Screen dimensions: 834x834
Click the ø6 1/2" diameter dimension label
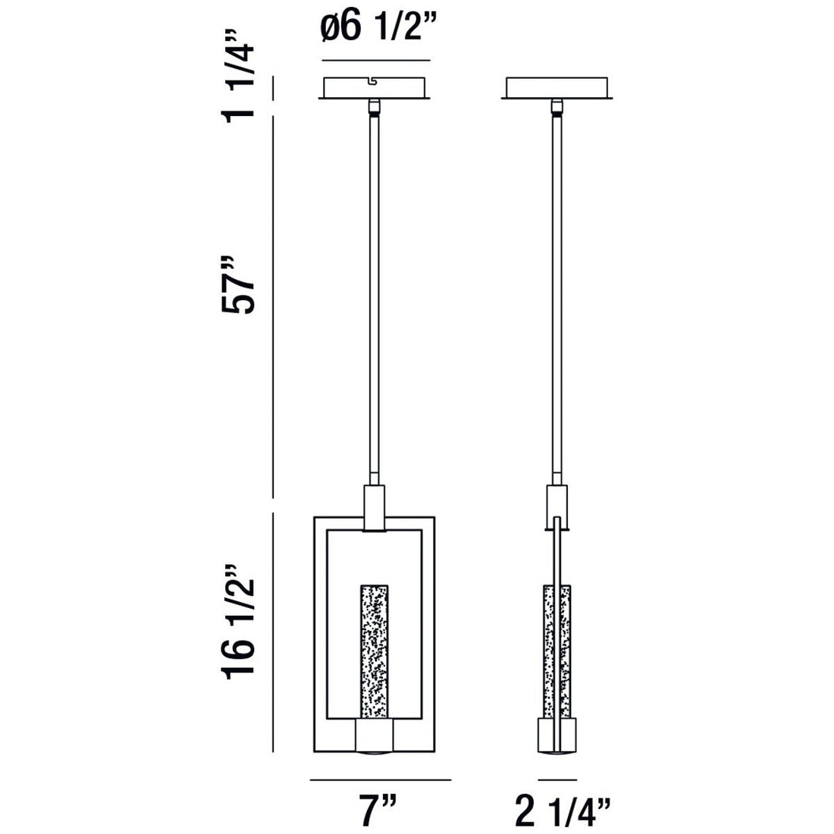pos(376,31)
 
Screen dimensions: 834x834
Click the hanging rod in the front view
pos(375,296)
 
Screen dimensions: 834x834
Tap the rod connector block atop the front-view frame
pos(375,506)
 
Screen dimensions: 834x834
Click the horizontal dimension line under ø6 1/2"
pos(376,61)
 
